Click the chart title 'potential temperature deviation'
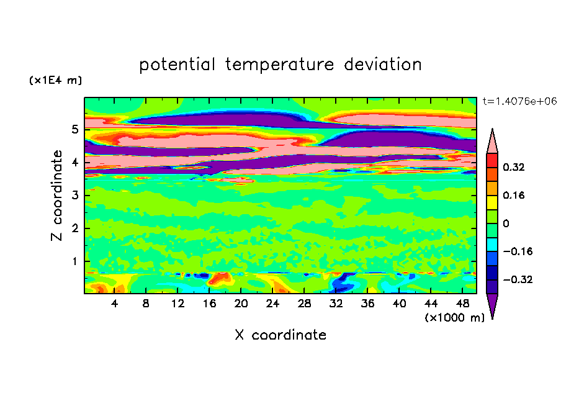pos(280,65)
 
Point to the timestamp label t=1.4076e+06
pos(519,101)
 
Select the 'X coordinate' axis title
pos(280,335)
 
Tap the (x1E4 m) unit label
pos(55,81)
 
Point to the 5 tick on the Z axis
pos(74,130)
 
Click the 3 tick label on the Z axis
pos(74,196)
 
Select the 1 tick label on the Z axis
pos(74,261)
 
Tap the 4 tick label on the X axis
pos(115,304)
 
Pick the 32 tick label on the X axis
pos(336,304)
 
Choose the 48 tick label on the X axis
pos(462,304)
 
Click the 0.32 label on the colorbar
pos(514,167)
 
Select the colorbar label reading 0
pos(506,223)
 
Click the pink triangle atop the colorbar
pos(492,142)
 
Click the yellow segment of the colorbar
pos(492,202)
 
